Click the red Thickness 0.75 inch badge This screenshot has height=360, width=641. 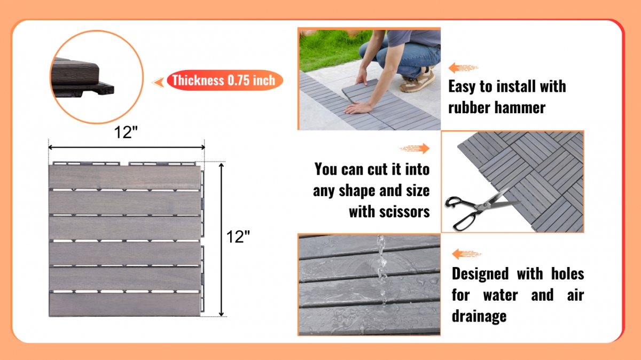tap(225, 80)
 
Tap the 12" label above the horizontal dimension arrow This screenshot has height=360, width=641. tap(126, 132)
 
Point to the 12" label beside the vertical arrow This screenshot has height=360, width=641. tap(238, 237)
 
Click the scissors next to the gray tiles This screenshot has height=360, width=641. tap(481, 209)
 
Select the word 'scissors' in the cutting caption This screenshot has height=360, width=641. tap(389, 212)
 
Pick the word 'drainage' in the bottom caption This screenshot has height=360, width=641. tap(479, 316)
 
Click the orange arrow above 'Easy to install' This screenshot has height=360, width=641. tap(463, 68)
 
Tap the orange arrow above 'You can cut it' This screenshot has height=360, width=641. tap(415, 148)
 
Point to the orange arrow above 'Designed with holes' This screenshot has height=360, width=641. tap(467, 254)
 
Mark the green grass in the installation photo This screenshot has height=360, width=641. tap(329, 50)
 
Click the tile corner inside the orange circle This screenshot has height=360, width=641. tap(82, 77)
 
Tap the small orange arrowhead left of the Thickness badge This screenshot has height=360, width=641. tap(158, 82)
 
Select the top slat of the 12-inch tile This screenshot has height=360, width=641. tap(124, 177)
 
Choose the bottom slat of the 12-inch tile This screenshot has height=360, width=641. tap(124, 304)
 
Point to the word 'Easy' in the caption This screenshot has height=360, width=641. tap(462, 87)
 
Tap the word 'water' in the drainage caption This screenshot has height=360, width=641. tap(500, 295)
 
